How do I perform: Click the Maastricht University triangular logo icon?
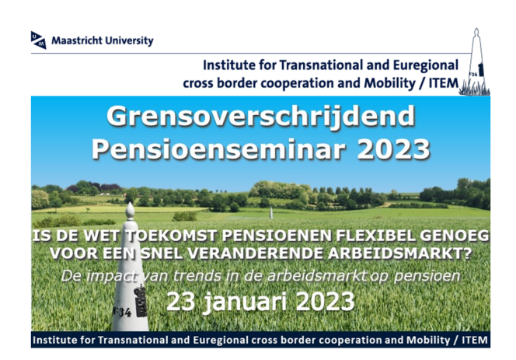tap(39, 40)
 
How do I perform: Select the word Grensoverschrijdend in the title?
tap(260, 117)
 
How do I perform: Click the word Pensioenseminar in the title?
tap(218, 149)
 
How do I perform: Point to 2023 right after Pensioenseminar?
tap(393, 149)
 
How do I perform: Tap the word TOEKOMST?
tap(172, 236)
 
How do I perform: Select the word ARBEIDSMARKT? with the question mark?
tap(400, 253)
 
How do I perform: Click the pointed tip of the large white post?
tap(131, 203)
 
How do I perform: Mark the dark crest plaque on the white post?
tap(141, 301)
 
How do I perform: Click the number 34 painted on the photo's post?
tap(124, 312)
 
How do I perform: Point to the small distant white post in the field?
tap(271, 213)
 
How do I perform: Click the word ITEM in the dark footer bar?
tap(475, 340)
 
